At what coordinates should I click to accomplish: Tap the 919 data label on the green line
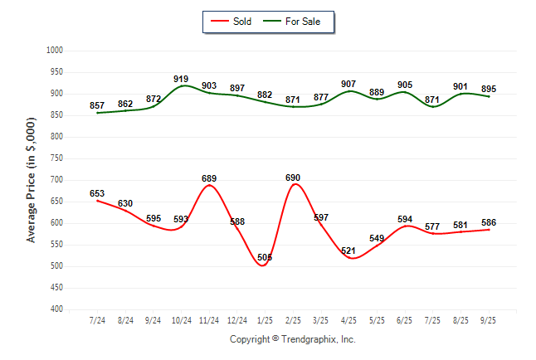coord(181,79)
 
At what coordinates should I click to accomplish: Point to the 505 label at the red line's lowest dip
coord(264,257)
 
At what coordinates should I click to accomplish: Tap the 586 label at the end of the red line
coord(489,222)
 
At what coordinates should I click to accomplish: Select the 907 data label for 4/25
coord(348,84)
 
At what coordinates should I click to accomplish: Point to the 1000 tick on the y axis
coord(56,51)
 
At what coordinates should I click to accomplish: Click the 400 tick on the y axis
coord(57,309)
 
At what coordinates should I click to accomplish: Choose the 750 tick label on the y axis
coord(57,158)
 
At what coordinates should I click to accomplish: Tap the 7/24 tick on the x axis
coord(97,319)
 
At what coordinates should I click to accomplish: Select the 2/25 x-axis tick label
coord(293,319)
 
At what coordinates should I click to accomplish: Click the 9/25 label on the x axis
coord(489,319)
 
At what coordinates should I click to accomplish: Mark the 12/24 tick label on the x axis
coord(236,319)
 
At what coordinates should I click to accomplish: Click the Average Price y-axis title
coord(32,180)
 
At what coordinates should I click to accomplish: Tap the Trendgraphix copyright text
coord(292,339)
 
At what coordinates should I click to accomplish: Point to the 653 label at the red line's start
coord(97,193)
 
